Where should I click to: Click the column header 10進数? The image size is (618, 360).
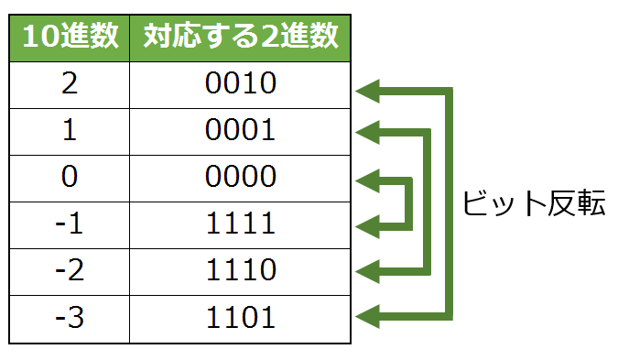pyautogui.click(x=70, y=38)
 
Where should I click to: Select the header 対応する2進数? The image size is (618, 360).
pyautogui.click(x=241, y=38)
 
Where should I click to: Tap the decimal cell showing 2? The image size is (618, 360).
pyautogui.click(x=70, y=84)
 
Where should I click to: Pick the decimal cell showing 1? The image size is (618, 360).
pyautogui.click(x=70, y=131)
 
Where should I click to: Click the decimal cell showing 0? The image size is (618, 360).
pyautogui.click(x=70, y=178)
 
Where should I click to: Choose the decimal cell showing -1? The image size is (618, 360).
pyautogui.click(x=70, y=224)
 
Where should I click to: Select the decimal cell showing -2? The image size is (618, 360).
pyautogui.click(x=70, y=271)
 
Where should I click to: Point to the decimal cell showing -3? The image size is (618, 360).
pyautogui.click(x=70, y=318)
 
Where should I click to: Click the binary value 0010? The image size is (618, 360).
pyautogui.click(x=241, y=84)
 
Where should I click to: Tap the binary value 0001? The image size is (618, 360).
pyautogui.click(x=241, y=131)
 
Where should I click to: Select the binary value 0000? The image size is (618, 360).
pyautogui.click(x=241, y=178)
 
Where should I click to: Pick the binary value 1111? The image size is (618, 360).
pyautogui.click(x=241, y=224)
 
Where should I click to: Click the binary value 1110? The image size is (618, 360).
pyautogui.click(x=241, y=271)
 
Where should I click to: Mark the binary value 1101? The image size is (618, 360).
pyautogui.click(x=241, y=318)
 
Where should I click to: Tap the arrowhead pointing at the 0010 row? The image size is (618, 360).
pyautogui.click(x=367, y=90)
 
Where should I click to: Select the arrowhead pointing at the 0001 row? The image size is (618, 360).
pyautogui.click(x=367, y=133)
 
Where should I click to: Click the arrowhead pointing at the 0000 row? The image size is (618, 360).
pyautogui.click(x=367, y=179)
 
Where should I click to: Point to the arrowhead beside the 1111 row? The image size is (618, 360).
pyautogui.click(x=367, y=224)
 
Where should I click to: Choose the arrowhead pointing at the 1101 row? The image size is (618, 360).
pyautogui.click(x=367, y=318)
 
